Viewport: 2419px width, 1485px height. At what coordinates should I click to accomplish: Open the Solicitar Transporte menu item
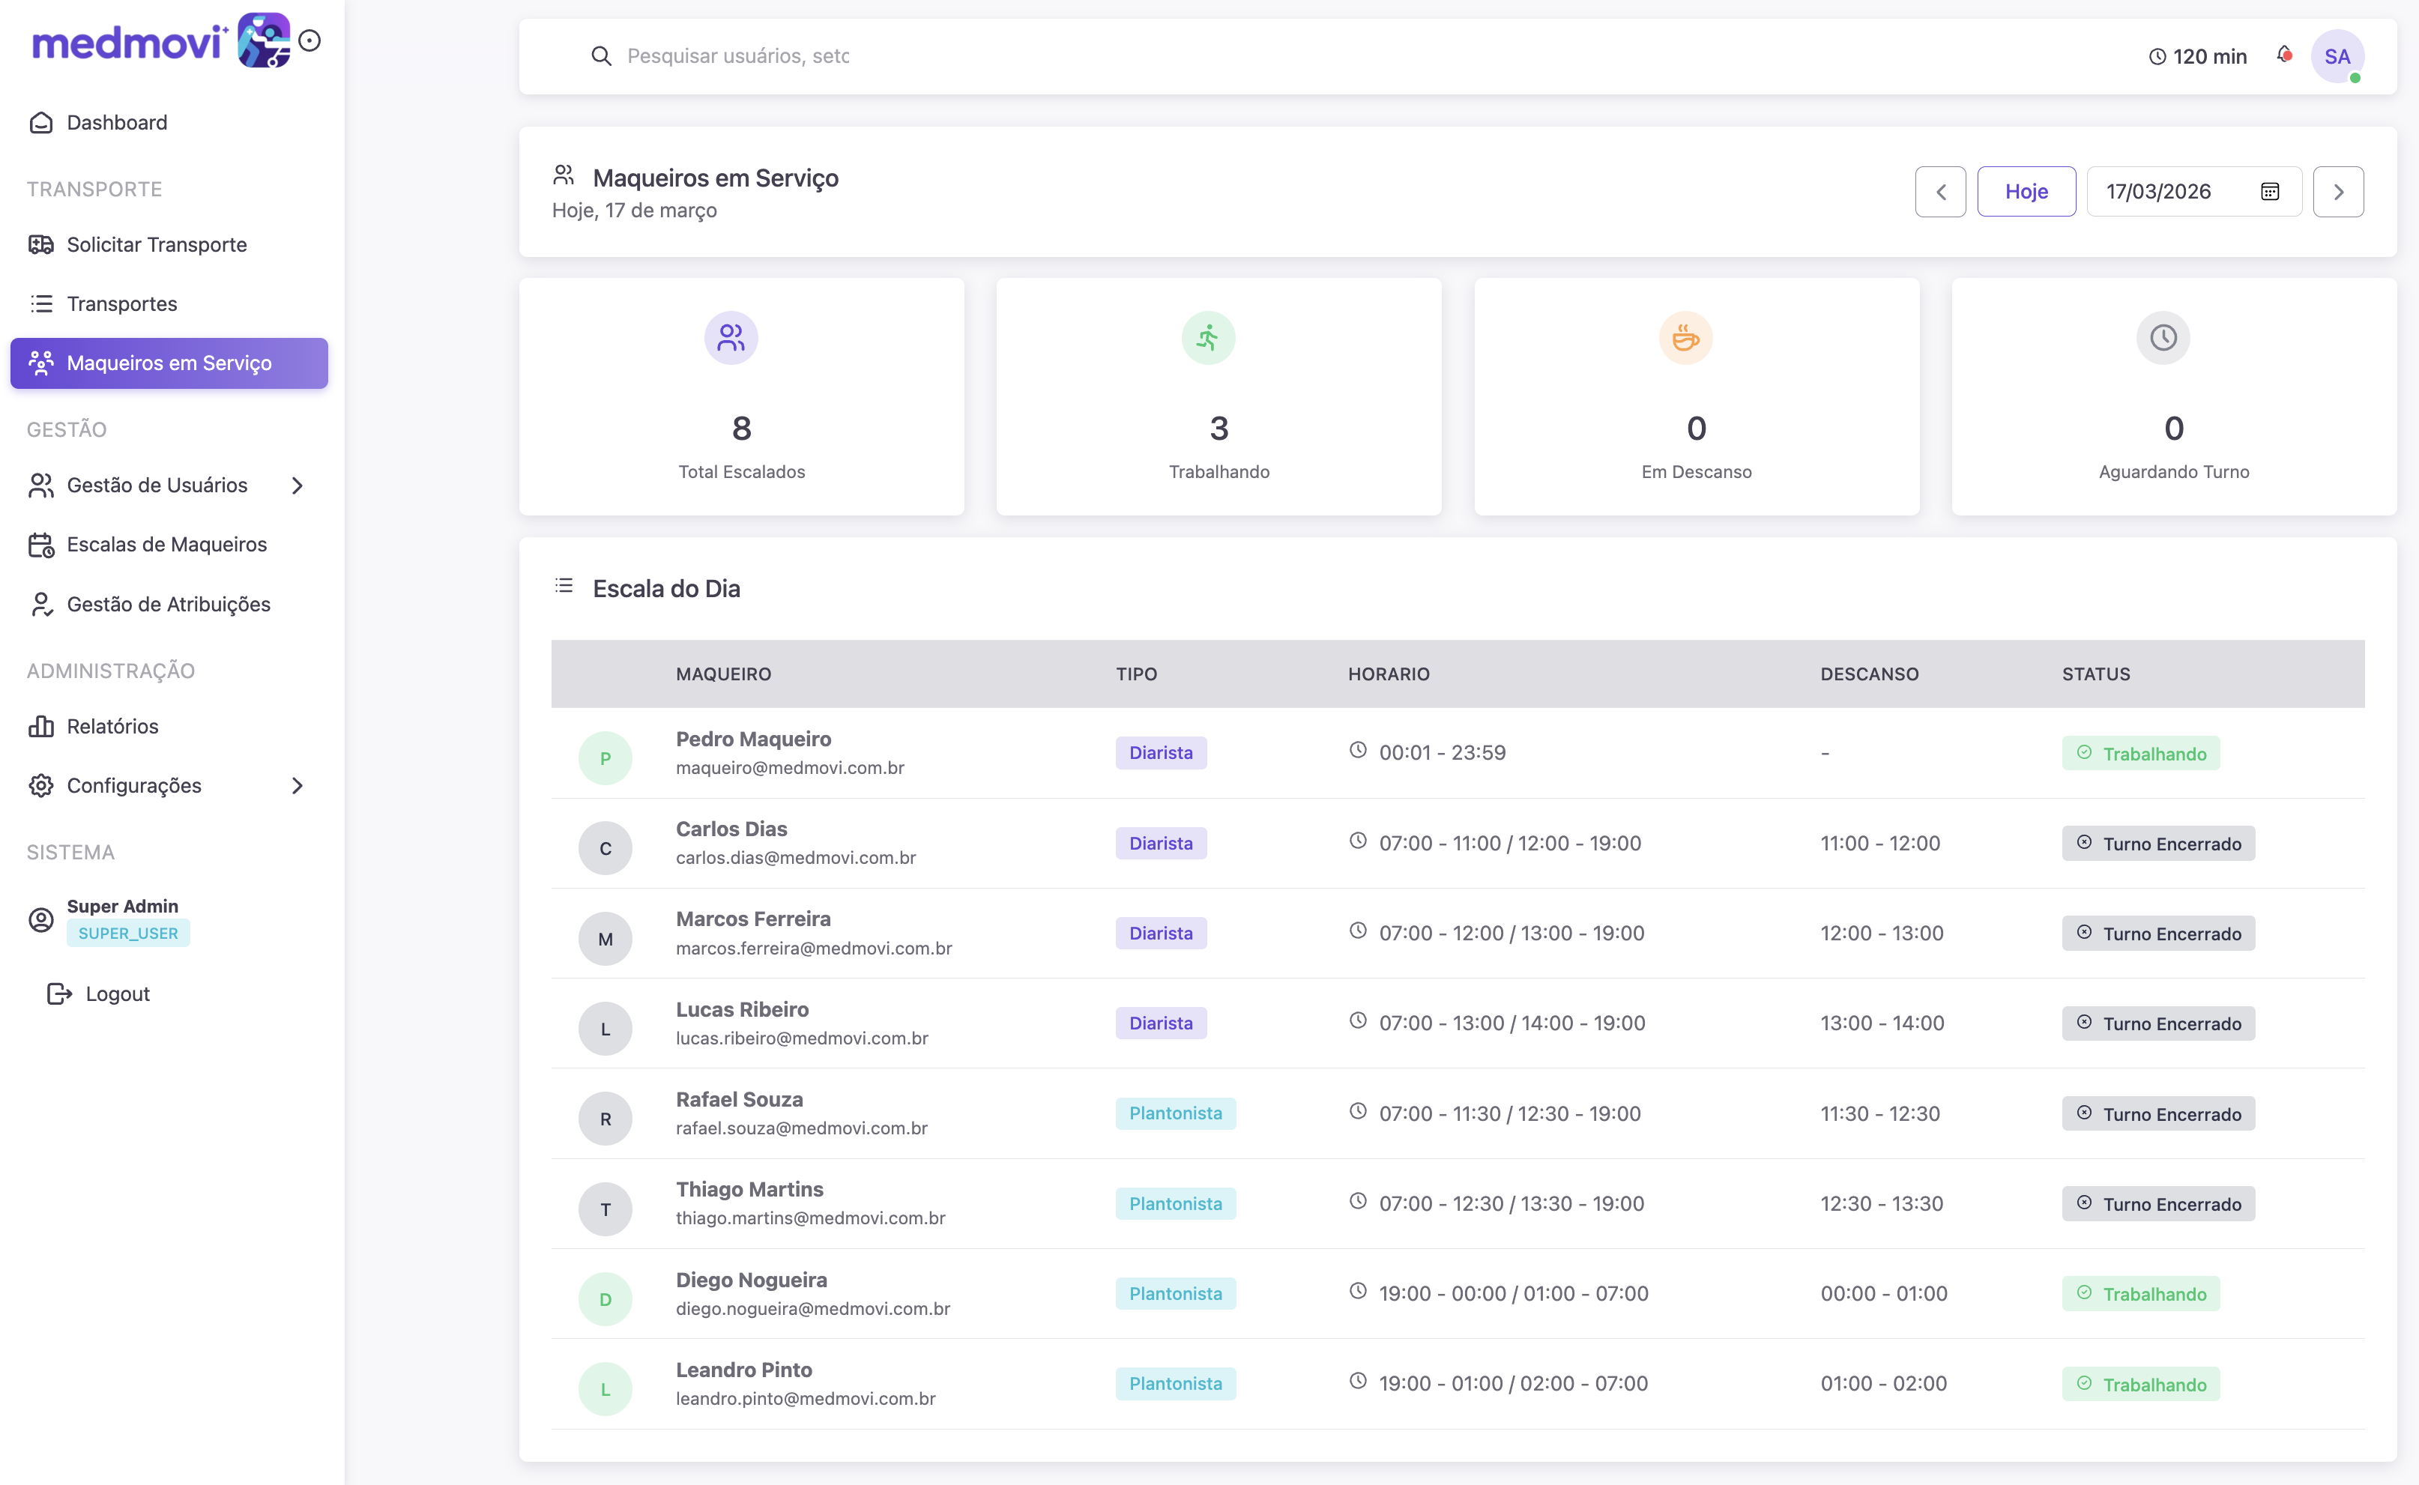coord(156,244)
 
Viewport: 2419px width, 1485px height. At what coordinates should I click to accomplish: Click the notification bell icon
coord(2283,55)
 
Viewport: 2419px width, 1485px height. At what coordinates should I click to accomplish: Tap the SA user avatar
coord(2337,56)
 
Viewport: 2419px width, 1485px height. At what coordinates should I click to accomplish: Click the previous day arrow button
coord(1939,192)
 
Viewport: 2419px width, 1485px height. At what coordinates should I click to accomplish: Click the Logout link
coord(117,994)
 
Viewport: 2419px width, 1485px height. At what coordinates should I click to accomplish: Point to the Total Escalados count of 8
coord(742,429)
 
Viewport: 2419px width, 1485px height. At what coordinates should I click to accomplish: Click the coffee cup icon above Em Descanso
coord(1685,338)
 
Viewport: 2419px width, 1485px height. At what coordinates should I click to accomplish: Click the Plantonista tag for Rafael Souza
coord(1174,1113)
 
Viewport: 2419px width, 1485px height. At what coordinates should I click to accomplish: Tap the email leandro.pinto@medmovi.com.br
coord(806,1399)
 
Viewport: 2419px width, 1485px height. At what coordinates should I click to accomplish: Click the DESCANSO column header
coord(1869,674)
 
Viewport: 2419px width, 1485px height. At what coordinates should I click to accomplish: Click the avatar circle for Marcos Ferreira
coord(605,939)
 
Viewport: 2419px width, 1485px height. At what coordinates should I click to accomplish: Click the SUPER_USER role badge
coord(127,933)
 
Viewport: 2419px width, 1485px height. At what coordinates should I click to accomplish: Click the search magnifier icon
coord(601,56)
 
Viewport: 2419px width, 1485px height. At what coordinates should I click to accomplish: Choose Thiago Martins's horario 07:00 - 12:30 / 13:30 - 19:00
coord(1511,1203)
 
